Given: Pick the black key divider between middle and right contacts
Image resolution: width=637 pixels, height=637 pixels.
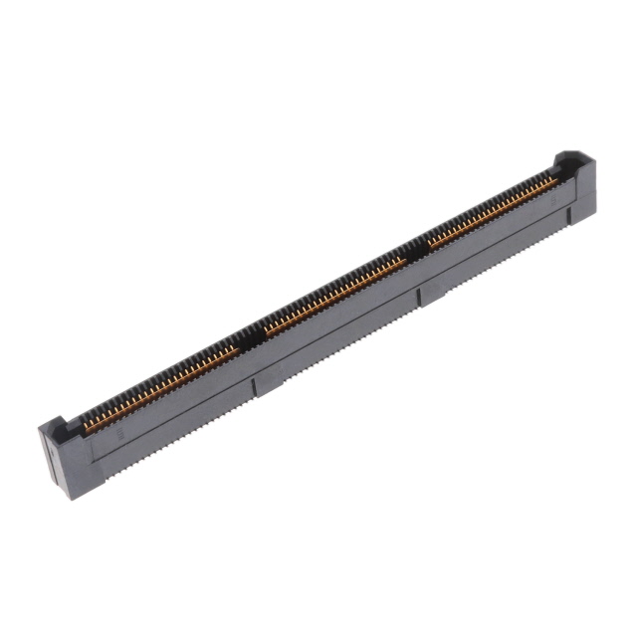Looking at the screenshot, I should click(x=419, y=250).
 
